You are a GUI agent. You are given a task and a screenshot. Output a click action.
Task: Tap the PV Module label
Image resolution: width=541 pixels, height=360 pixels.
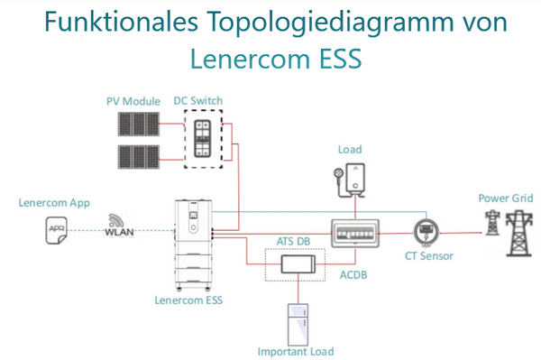tap(133, 101)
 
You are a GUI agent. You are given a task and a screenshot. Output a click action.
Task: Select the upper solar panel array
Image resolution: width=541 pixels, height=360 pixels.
tap(139, 124)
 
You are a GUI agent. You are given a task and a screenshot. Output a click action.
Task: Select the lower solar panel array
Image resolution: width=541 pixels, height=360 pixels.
tap(139, 157)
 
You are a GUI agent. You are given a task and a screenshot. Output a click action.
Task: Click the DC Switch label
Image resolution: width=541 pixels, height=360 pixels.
tap(198, 101)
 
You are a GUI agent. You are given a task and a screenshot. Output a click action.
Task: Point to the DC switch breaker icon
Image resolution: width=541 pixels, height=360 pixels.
tap(202, 139)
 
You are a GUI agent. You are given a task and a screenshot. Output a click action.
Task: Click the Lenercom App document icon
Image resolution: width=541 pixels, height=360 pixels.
tap(56, 231)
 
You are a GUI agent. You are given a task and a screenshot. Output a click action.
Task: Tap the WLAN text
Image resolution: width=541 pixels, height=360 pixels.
tap(119, 232)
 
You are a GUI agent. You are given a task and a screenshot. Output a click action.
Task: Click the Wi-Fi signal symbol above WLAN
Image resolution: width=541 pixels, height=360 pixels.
tap(116, 220)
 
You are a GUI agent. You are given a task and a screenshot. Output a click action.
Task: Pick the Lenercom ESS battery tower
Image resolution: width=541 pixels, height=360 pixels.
tap(194, 245)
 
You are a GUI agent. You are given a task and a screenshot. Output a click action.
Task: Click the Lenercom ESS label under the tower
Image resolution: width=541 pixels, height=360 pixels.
tap(188, 300)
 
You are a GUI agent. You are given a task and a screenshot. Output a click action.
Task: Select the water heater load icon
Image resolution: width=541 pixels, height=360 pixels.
tap(350, 180)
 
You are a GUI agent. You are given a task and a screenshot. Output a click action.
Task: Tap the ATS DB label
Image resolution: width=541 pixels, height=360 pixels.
tap(293, 241)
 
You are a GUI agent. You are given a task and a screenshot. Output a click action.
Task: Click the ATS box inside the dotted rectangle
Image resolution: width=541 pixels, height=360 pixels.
tap(298, 264)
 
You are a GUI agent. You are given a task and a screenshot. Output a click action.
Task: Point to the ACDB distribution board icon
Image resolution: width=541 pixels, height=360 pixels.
tap(355, 234)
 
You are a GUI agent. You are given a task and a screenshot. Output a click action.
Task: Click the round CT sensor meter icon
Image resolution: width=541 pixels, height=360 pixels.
tap(426, 232)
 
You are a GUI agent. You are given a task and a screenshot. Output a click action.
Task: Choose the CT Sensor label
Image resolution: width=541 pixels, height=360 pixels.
tap(429, 256)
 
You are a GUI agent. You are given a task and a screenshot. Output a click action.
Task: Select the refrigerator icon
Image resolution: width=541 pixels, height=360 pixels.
tap(298, 325)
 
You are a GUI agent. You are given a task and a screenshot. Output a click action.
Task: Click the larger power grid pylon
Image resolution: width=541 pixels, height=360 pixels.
tap(519, 234)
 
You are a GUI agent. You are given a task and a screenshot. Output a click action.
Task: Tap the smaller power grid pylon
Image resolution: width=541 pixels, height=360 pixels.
tap(492, 223)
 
